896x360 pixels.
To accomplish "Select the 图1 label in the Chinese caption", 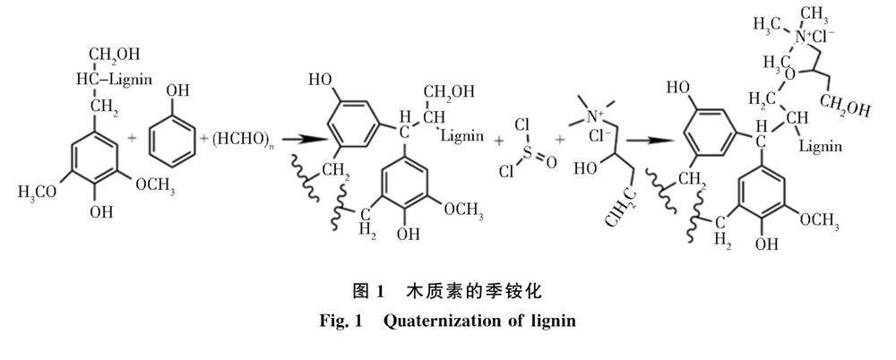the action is [x=367, y=292].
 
